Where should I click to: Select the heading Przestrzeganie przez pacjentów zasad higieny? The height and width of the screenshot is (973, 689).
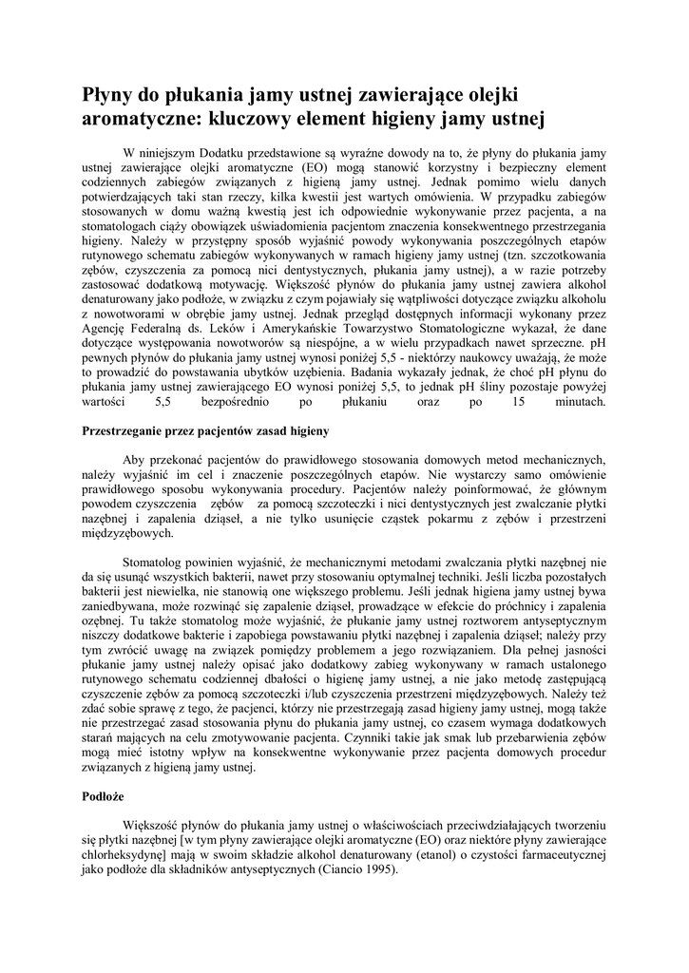click(206, 430)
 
